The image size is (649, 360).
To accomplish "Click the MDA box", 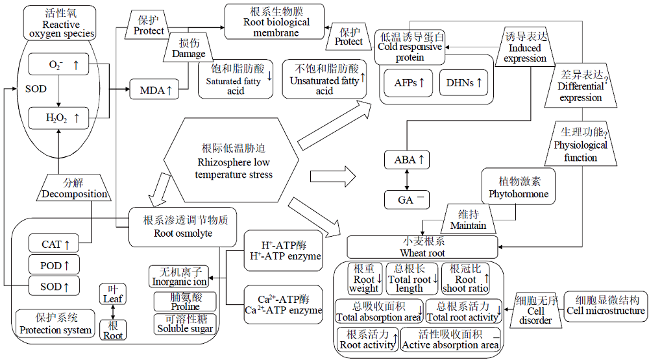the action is pyautogui.click(x=154, y=89).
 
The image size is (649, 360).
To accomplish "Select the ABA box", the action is pyautogui.click(x=406, y=160).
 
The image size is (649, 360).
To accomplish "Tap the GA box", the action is pyautogui.click(x=406, y=200).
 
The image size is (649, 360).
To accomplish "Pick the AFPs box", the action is pyautogui.click(x=408, y=83).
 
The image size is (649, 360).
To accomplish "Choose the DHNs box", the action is pyautogui.click(x=463, y=83).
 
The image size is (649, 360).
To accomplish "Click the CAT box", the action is pyautogui.click(x=54, y=243).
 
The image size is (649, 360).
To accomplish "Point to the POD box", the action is pyautogui.click(x=54, y=265).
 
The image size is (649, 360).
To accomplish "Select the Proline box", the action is pyautogui.click(x=185, y=302).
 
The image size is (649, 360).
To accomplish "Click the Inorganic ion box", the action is pyautogui.click(x=179, y=277).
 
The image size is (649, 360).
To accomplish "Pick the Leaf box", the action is pyautogui.click(x=113, y=294).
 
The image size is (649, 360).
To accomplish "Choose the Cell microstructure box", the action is pyautogui.click(x=606, y=306).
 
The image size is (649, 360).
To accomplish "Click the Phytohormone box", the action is pyautogui.click(x=518, y=187).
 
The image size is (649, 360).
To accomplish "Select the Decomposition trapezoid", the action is pyautogui.click(x=74, y=187).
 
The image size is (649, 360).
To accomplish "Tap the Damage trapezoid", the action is pyautogui.click(x=189, y=47).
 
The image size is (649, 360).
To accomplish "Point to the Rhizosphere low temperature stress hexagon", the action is pyautogui.click(x=232, y=160).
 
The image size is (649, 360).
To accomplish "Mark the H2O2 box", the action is pyautogui.click(x=58, y=118).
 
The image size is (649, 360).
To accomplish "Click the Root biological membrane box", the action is pyautogui.click(x=275, y=21).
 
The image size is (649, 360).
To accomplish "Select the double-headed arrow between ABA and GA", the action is pyautogui.click(x=407, y=180).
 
